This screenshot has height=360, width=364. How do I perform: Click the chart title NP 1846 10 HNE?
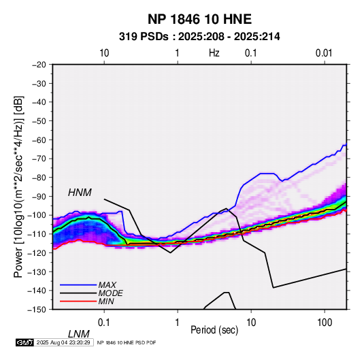pyautogui.click(x=199, y=19)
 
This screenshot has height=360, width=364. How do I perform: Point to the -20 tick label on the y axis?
pyautogui.click(x=39, y=65)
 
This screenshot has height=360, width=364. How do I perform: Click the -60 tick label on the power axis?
pyautogui.click(x=39, y=140)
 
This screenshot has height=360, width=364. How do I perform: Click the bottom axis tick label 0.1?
pyautogui.click(x=104, y=322)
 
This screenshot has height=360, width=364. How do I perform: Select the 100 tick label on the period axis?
pyautogui.click(x=325, y=322)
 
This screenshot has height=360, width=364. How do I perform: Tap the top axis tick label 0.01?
pyautogui.click(x=324, y=53)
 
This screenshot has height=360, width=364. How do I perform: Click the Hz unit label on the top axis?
pyautogui.click(x=214, y=53)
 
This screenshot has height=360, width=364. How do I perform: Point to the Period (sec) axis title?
pyautogui.click(x=214, y=330)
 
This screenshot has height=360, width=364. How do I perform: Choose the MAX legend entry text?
pyautogui.click(x=107, y=285)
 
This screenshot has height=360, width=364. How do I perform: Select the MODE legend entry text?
pyautogui.click(x=110, y=293)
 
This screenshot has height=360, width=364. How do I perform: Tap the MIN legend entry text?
pyautogui.click(x=106, y=301)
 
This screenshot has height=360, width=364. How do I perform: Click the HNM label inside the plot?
pyautogui.click(x=80, y=193)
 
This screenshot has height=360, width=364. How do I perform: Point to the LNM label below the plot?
pyautogui.click(x=78, y=334)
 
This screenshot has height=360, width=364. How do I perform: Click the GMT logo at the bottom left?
pyautogui.click(x=24, y=342)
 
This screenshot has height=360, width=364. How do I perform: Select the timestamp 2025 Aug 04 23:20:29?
pyautogui.click(x=63, y=342)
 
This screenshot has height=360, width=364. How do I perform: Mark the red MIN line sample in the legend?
pyautogui.click(x=78, y=301)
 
